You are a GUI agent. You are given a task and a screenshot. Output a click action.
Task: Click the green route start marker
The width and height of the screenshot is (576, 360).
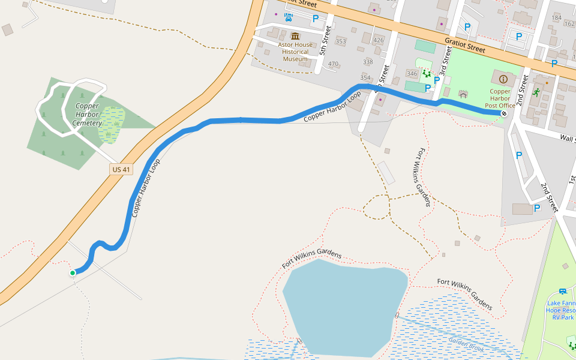(x=73, y=273)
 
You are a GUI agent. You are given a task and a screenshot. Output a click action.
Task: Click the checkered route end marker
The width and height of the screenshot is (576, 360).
(x=503, y=113)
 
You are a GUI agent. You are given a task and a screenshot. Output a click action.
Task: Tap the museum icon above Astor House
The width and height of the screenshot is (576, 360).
(x=295, y=36)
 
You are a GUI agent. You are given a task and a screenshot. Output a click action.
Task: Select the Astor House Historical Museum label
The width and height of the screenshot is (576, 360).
(x=295, y=52)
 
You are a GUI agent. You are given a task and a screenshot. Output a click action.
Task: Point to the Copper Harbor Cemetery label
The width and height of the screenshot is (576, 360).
(x=87, y=114)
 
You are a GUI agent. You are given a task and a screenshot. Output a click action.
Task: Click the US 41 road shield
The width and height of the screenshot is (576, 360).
(x=121, y=170)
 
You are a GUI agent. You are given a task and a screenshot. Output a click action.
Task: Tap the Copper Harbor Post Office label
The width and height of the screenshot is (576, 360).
(x=497, y=98)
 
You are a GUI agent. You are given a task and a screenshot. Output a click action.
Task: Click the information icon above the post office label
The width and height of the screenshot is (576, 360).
(x=503, y=79)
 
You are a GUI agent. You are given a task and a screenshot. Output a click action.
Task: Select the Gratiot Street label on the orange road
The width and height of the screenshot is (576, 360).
(x=465, y=44)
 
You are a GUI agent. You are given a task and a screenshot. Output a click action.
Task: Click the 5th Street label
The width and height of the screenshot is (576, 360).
(x=328, y=41)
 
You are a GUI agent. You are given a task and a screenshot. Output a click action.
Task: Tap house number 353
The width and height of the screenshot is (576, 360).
(x=341, y=41)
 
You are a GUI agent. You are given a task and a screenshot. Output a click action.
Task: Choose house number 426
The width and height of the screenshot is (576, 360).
(x=378, y=40)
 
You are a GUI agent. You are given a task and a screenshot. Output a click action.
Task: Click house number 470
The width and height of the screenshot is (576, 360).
(x=334, y=64)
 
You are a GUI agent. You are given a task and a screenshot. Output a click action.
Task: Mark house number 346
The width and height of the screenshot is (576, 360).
(x=412, y=74)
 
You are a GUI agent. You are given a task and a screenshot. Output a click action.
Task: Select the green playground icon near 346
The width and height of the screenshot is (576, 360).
(x=426, y=74)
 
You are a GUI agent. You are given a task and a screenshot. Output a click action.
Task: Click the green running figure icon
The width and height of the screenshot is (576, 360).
(x=536, y=93)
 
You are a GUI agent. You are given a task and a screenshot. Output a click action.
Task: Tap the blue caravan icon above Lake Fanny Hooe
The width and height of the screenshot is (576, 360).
(x=562, y=292)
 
